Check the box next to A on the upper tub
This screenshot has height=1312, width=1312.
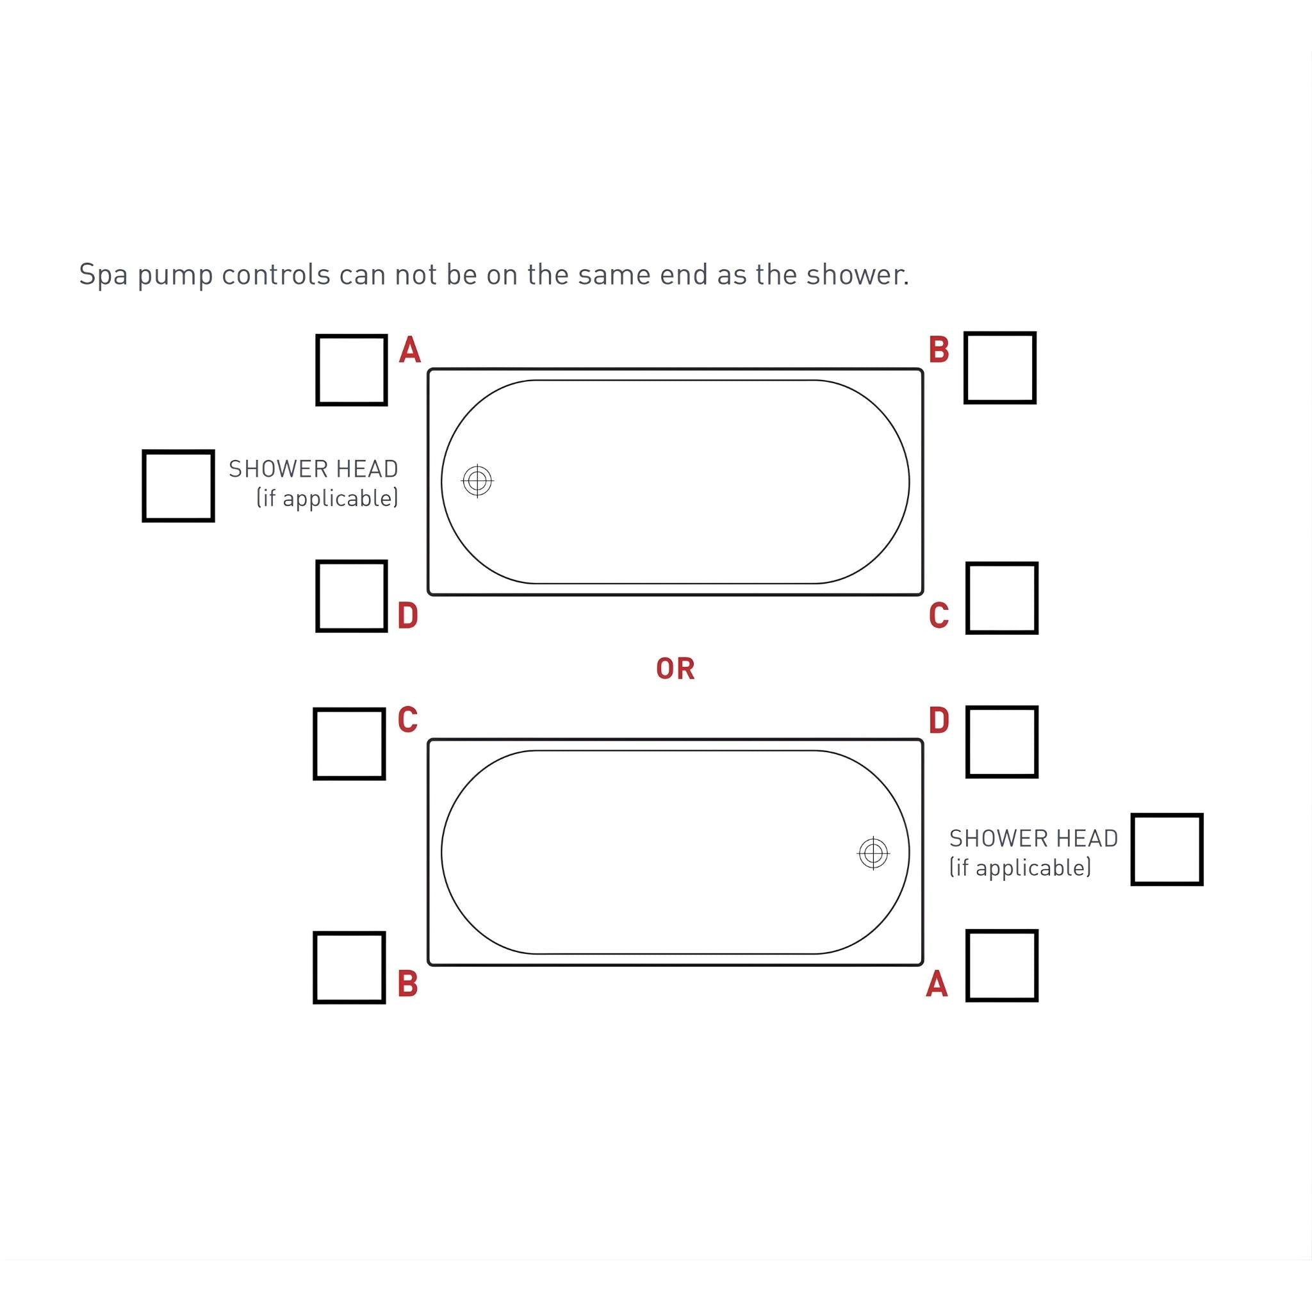351,370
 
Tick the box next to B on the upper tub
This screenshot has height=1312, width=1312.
999,367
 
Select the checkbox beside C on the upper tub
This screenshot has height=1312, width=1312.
1002,598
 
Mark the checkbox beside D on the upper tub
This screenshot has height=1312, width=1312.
351,596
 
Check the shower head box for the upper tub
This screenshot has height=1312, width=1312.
178,486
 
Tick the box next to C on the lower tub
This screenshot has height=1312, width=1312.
349,744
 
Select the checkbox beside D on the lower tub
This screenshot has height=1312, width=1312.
1002,742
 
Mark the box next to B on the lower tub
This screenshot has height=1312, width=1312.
349,967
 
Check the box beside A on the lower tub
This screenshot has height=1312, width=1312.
1002,965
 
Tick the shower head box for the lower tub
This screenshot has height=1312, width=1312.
1167,849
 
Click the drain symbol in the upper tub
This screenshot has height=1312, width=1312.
477,482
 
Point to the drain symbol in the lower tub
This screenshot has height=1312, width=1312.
873,853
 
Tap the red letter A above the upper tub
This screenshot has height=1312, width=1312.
409,350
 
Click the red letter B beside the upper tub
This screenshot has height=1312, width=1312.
939,350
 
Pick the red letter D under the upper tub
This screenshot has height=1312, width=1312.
407,616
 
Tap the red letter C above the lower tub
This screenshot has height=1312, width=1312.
407,720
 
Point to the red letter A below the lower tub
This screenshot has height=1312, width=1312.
937,984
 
